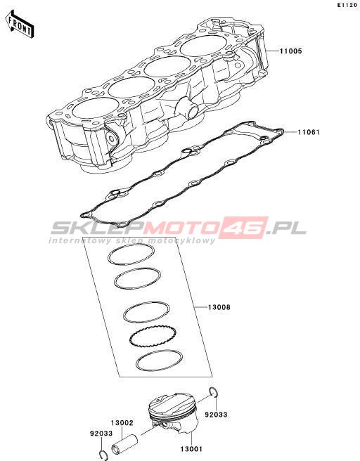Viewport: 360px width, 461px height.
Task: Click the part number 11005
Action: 290,51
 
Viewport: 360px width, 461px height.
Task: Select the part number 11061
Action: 309,132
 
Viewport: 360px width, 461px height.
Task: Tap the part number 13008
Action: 219,308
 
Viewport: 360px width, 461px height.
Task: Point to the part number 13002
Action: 122,423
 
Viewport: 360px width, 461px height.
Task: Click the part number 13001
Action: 191,449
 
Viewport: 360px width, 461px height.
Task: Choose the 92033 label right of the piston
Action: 216,415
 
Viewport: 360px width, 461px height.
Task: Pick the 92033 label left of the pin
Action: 101,434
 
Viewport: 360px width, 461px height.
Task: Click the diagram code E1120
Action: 347,5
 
